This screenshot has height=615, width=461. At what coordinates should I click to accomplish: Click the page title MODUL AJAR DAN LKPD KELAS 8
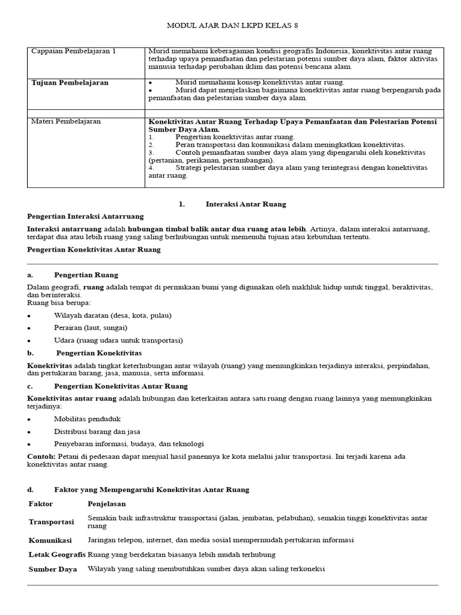(x=231, y=26)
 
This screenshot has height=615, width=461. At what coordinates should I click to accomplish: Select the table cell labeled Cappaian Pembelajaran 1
(x=73, y=52)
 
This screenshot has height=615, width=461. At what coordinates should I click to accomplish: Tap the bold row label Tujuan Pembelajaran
(x=70, y=83)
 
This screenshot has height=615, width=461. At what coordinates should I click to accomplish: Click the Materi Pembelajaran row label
(x=66, y=121)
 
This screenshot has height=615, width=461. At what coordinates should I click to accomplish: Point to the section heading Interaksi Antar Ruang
(x=246, y=204)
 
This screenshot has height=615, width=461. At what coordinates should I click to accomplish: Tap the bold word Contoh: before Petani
(x=42, y=457)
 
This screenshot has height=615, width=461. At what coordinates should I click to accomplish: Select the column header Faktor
(x=41, y=503)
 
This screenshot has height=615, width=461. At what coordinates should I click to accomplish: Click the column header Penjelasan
(x=107, y=503)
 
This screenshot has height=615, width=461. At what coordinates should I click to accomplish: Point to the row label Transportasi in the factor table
(x=52, y=522)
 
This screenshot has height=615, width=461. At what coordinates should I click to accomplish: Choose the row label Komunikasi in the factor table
(x=51, y=541)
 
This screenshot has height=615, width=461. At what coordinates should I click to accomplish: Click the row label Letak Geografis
(x=57, y=554)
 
